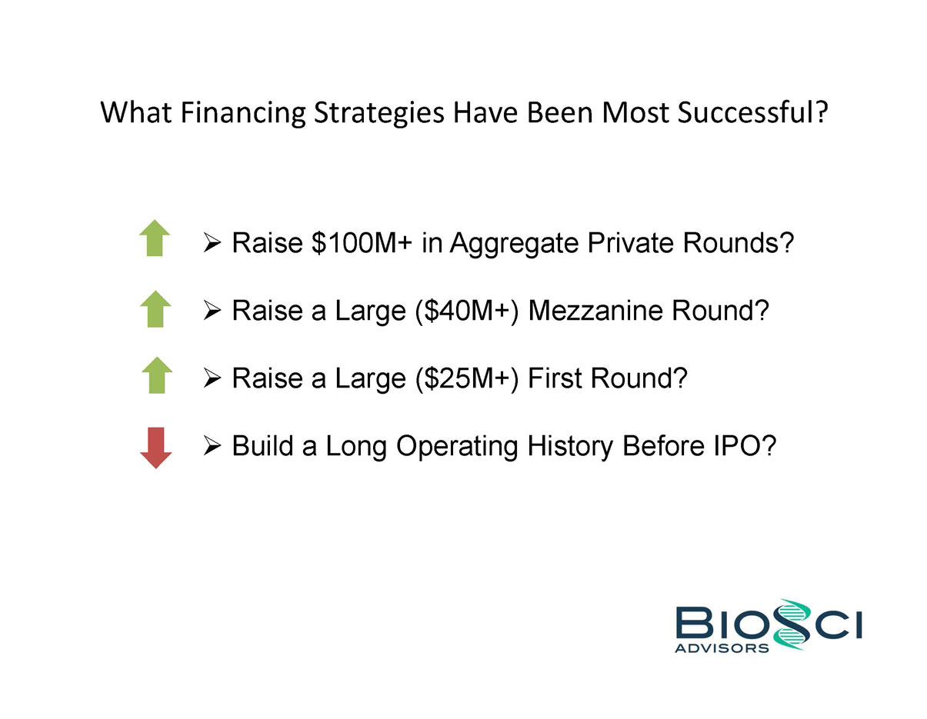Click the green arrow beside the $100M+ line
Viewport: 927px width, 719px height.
[x=155, y=238]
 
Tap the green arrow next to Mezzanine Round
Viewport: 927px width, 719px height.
[x=155, y=309]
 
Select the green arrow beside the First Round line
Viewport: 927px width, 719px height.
[x=157, y=374]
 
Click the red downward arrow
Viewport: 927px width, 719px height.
[x=155, y=448]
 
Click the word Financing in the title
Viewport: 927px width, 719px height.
[x=243, y=113]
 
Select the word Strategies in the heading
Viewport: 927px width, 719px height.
[x=378, y=114]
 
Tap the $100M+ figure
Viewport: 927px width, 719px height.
[x=362, y=242]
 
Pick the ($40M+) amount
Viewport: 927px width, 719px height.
[x=468, y=310]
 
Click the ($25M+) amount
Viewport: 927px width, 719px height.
[x=468, y=378]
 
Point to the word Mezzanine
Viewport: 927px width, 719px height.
[x=595, y=310]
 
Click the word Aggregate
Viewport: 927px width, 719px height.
[x=514, y=244]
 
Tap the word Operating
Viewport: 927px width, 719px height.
[x=457, y=447]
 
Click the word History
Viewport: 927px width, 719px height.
[x=570, y=447]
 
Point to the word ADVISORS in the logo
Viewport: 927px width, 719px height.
[x=722, y=648]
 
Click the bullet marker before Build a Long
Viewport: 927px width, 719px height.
[x=212, y=446]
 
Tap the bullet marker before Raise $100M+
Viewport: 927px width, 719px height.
[x=212, y=242]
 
